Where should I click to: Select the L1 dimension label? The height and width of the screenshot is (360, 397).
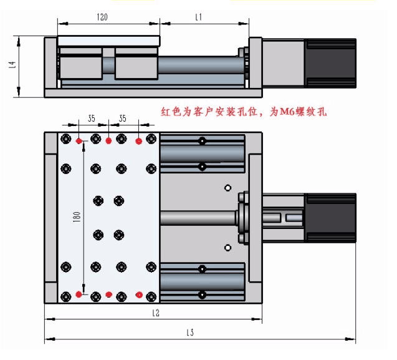(198, 17)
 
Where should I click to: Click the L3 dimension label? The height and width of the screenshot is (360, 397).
(189, 334)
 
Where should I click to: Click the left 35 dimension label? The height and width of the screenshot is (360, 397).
(92, 117)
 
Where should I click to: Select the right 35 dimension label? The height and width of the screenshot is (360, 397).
(123, 117)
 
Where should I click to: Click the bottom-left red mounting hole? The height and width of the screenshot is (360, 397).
(79, 293)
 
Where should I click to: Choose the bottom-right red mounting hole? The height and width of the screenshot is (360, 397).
(138, 293)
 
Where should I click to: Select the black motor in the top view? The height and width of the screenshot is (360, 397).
(330, 218)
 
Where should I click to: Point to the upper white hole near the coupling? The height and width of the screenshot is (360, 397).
(228, 188)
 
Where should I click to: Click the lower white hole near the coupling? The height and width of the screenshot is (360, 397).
(228, 248)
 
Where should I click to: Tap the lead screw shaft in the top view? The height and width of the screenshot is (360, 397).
(196, 218)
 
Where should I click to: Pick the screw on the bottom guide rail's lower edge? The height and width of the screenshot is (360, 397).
(202, 294)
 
